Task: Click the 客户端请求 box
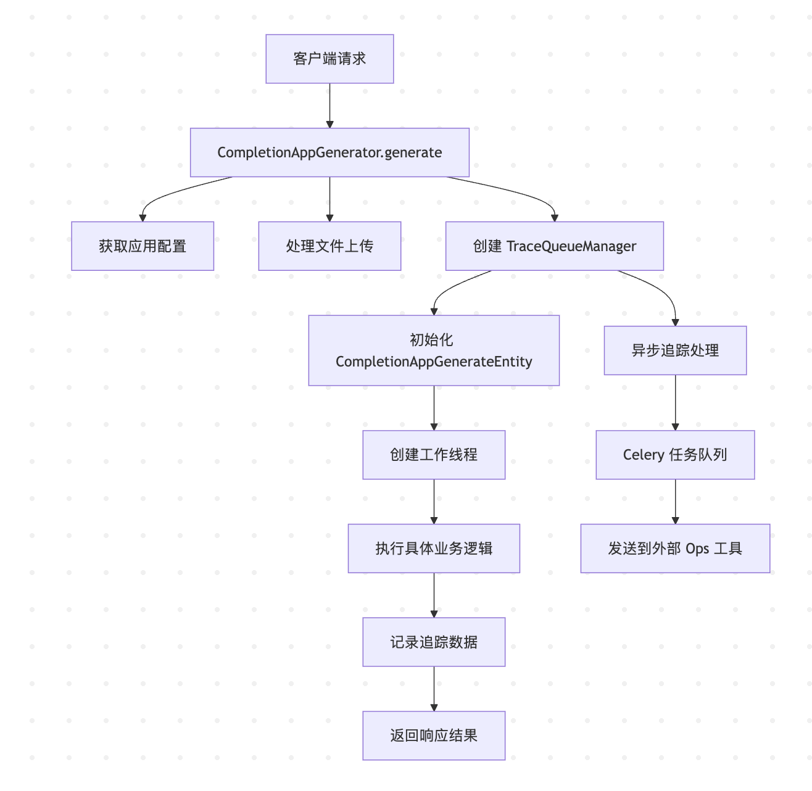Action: (329, 59)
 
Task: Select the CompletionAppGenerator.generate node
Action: (329, 152)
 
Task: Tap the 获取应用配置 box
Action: (143, 246)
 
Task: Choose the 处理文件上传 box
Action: (329, 246)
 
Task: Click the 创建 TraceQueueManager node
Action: (554, 246)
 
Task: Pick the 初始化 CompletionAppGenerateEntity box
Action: (434, 350)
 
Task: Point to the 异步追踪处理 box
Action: (675, 350)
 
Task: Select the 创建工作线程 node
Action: (434, 455)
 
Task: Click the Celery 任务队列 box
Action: (675, 455)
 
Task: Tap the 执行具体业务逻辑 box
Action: (434, 549)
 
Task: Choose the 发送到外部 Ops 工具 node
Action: (675, 549)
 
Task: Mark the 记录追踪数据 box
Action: (434, 642)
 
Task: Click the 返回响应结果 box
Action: (434, 735)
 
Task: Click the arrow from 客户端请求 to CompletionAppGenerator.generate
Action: (329, 106)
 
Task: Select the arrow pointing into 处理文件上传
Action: (329, 199)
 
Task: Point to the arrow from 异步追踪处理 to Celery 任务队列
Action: (675, 402)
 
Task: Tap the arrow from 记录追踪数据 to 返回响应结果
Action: (434, 689)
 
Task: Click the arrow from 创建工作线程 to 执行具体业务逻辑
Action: (434, 502)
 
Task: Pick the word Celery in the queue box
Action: (644, 455)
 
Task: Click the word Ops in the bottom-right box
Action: (697, 549)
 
